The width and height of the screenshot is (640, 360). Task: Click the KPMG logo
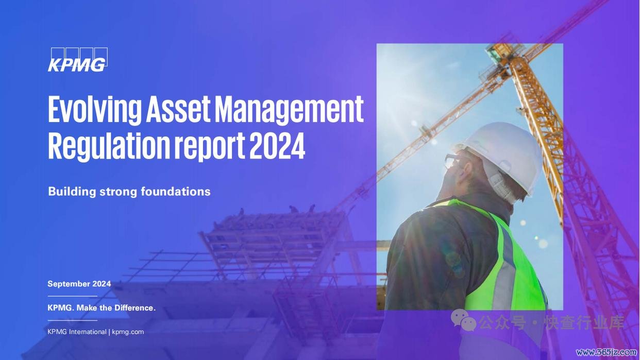(x=78, y=60)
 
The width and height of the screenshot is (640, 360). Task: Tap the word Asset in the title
(x=178, y=109)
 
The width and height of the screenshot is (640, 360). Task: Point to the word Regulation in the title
(x=109, y=146)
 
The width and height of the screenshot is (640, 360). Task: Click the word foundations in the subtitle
(x=176, y=191)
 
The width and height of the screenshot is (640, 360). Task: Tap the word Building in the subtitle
(x=72, y=192)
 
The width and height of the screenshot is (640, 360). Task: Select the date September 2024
(x=79, y=284)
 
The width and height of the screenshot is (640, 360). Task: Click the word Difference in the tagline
(x=135, y=308)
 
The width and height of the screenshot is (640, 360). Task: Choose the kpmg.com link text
(x=128, y=332)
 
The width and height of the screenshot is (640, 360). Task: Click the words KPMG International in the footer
(x=77, y=332)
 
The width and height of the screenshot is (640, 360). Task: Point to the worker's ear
(x=467, y=172)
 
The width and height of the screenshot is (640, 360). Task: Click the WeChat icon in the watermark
(x=463, y=320)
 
